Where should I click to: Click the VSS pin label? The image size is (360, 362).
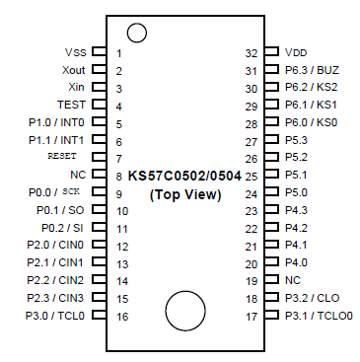pyautogui.click(x=75, y=52)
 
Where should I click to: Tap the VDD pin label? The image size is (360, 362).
pyautogui.click(x=295, y=51)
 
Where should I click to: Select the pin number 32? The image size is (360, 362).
pyautogui.click(x=252, y=52)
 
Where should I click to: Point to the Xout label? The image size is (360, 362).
pyautogui.click(x=73, y=70)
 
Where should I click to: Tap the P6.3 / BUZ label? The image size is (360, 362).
pyautogui.click(x=312, y=69)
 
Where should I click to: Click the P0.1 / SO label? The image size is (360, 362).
pyautogui.click(x=61, y=210)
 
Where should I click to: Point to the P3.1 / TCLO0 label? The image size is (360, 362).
pyautogui.click(x=318, y=316)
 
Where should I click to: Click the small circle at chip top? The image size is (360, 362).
pyautogui.click(x=136, y=33)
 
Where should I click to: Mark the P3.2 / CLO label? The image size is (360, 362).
pyautogui.click(x=312, y=298)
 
